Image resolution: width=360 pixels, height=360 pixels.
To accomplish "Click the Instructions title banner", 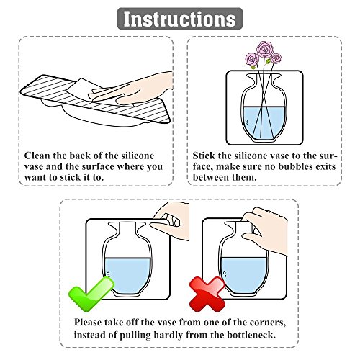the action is pyautogui.click(x=180, y=19).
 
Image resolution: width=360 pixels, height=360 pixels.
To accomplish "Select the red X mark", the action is pyautogui.click(x=207, y=294).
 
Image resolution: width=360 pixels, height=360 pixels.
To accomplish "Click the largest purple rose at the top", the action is pyautogui.click(x=265, y=49).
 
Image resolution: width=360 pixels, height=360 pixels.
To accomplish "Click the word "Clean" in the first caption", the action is pyautogui.click(x=37, y=156).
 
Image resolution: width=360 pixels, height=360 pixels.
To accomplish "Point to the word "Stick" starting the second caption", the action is pyautogui.click(x=204, y=156).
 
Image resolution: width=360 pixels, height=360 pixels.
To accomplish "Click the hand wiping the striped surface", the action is pyautogui.click(x=135, y=89).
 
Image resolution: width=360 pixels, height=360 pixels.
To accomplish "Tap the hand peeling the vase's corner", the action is pyautogui.click(x=171, y=219).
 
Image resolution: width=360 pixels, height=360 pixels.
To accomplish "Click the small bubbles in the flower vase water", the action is pyautogui.click(x=246, y=122).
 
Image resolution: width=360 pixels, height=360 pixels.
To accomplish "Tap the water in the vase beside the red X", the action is pyautogui.click(x=243, y=274).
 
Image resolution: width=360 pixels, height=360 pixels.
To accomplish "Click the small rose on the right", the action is pyautogui.click(x=276, y=58).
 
